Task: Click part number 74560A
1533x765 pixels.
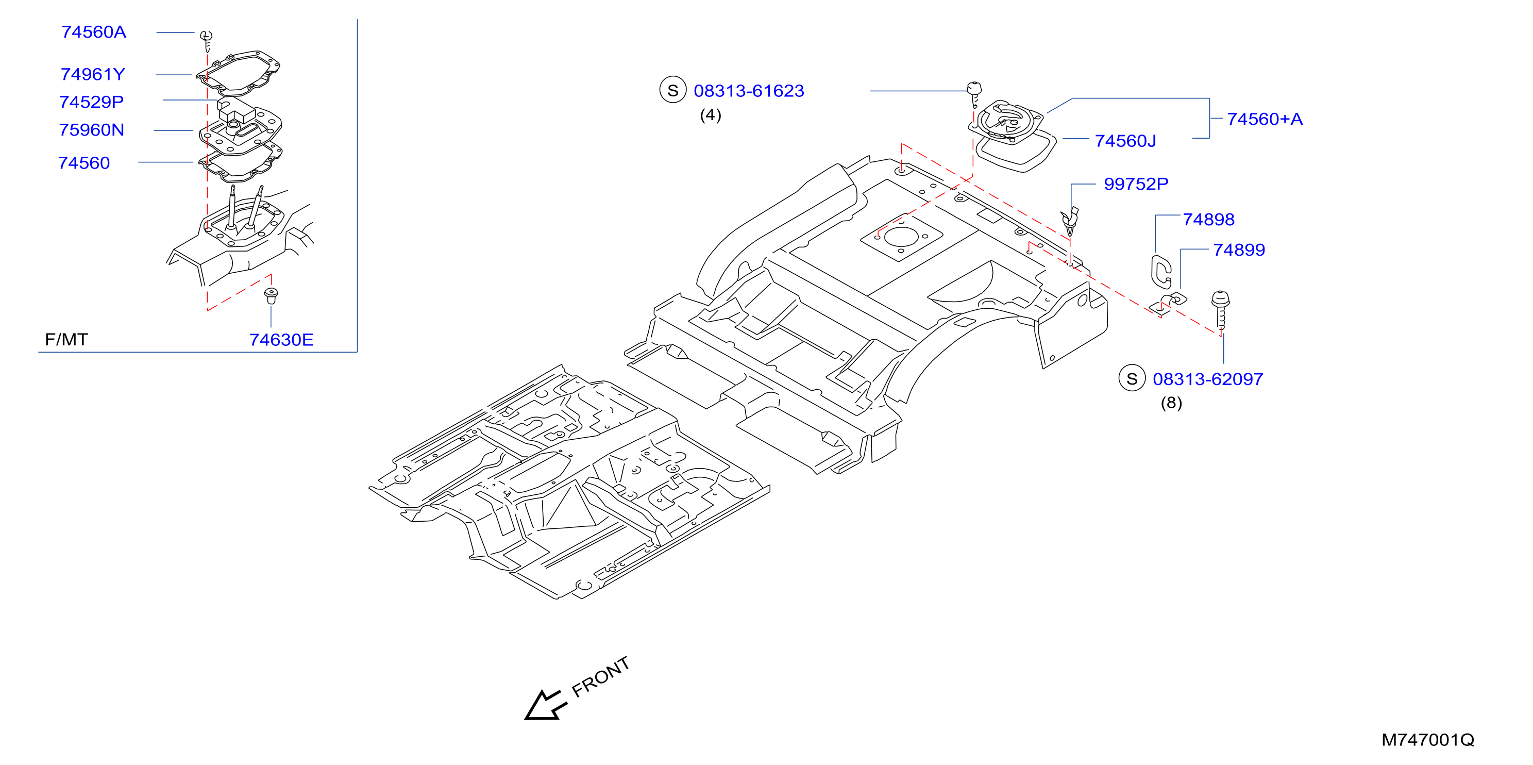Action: coord(93,32)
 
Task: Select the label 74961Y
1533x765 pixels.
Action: coord(93,74)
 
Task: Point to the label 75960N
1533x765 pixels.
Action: coord(91,130)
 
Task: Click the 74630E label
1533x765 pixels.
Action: coord(281,340)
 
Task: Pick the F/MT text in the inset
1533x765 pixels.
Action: coord(66,339)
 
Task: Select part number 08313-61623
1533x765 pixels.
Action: coord(749,91)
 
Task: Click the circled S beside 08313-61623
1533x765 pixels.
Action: coord(672,91)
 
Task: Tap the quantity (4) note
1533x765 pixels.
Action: coord(710,115)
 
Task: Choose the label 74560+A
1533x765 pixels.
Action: coord(1265,119)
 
